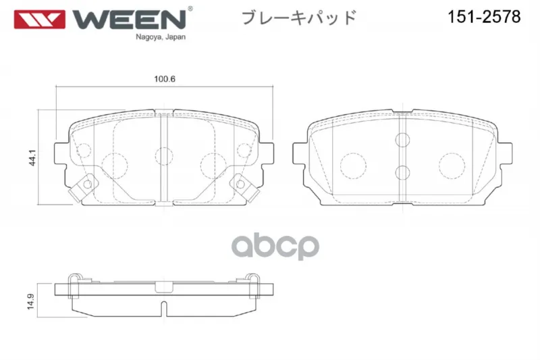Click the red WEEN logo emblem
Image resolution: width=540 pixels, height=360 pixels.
click(39, 20)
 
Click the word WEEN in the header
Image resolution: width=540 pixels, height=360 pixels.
click(130, 20)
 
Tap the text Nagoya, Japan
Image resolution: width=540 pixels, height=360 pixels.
click(161, 37)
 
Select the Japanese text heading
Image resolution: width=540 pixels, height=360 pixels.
click(298, 18)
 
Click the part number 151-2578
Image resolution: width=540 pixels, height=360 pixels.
click(484, 16)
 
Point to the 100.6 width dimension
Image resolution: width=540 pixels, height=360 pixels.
click(164, 79)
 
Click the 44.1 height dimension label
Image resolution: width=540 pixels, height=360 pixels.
click(32, 157)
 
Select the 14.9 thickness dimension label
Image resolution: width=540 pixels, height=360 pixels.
click(30, 301)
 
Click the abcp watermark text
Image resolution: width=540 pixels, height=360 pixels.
click(275, 246)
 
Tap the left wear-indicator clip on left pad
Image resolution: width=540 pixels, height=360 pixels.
click(81, 187)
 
